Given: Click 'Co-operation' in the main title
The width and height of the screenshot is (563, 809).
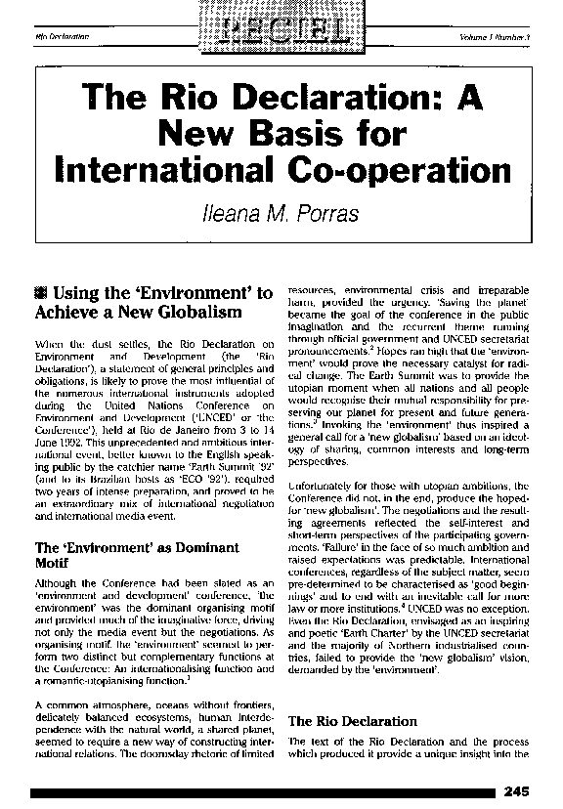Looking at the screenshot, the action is pyautogui.click(x=414, y=169).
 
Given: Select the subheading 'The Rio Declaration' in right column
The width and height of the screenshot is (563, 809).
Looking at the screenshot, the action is pyautogui.click(x=352, y=721).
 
